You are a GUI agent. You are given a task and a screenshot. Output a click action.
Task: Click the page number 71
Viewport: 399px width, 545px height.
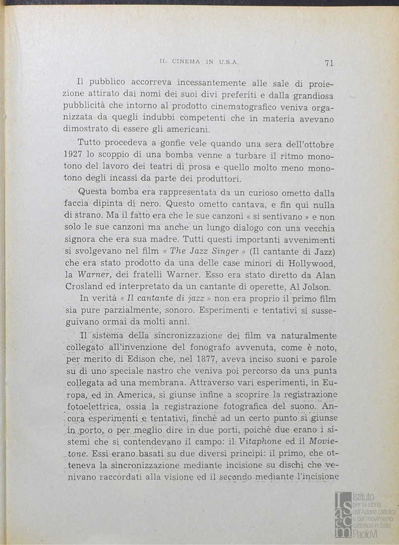click(x=328, y=63)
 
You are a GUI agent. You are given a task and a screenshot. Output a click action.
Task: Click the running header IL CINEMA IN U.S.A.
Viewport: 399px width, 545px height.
click(x=199, y=63)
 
